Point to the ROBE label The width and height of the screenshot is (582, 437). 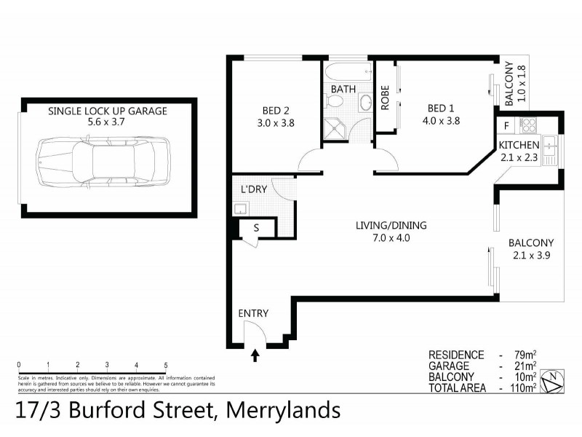coord(386,98)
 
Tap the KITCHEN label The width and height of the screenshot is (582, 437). coord(519,145)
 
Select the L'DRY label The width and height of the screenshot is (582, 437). coord(254,189)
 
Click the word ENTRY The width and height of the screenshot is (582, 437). coord(253,314)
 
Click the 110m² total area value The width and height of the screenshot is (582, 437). coord(523,388)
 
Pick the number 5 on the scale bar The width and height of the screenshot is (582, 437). coord(166,365)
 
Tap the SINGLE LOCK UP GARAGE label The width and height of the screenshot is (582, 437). coord(108,111)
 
